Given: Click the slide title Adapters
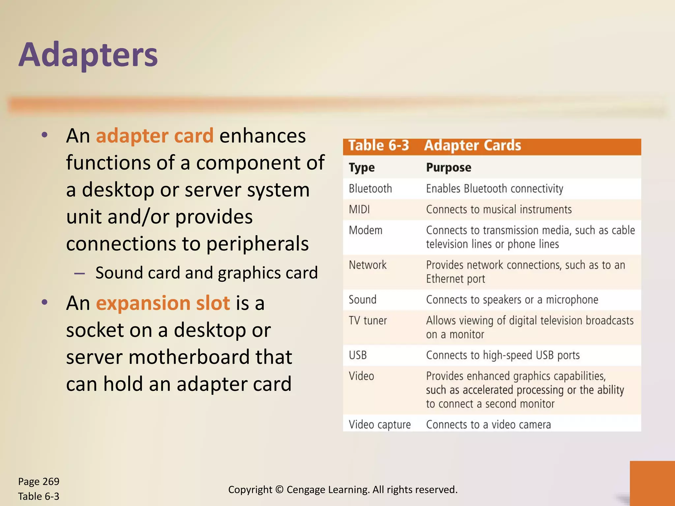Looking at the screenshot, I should coord(88,55).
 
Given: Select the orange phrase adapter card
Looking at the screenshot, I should coord(155,136).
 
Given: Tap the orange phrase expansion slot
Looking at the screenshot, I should coord(163,303).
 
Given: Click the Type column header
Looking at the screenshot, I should coord(362,167).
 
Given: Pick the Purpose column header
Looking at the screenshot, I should coord(448,167).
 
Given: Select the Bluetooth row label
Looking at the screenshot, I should coord(370,189).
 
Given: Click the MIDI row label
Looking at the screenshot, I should coord(359,210).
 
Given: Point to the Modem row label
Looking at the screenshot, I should coord(366,230).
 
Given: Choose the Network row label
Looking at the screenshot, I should coord(367,265).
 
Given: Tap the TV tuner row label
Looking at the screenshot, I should coord(368,321).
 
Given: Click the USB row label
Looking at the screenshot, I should coord(358,355).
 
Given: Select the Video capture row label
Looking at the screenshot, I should coord(380,425).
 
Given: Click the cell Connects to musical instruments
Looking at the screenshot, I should coord(499,210).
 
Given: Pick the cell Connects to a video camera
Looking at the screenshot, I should coord(488,425).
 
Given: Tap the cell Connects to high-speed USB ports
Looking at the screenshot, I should coord(503,355).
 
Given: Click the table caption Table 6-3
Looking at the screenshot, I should coord(378,146).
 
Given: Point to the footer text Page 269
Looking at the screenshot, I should coord(39,482).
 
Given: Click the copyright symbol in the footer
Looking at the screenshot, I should coord(279,490).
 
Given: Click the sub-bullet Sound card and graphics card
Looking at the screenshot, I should coord(206,273).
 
